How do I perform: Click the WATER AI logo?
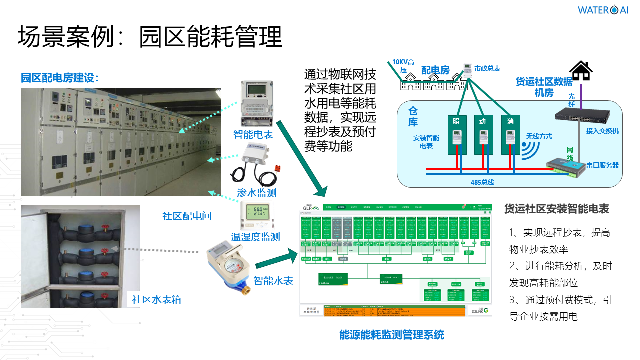click(603, 10)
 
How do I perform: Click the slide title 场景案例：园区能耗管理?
click(150, 37)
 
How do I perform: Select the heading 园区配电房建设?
click(60, 78)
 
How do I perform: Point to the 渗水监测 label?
click(256, 193)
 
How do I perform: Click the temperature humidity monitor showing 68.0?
click(256, 215)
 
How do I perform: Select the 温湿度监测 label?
click(255, 237)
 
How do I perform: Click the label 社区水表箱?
click(156, 299)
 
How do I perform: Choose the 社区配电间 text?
click(187, 216)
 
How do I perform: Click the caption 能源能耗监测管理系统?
click(391, 335)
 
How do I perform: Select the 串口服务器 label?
click(602, 165)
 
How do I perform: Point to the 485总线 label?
click(483, 182)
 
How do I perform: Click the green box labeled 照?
click(456, 135)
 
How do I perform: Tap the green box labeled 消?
click(510, 135)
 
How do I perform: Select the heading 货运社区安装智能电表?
click(556, 209)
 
